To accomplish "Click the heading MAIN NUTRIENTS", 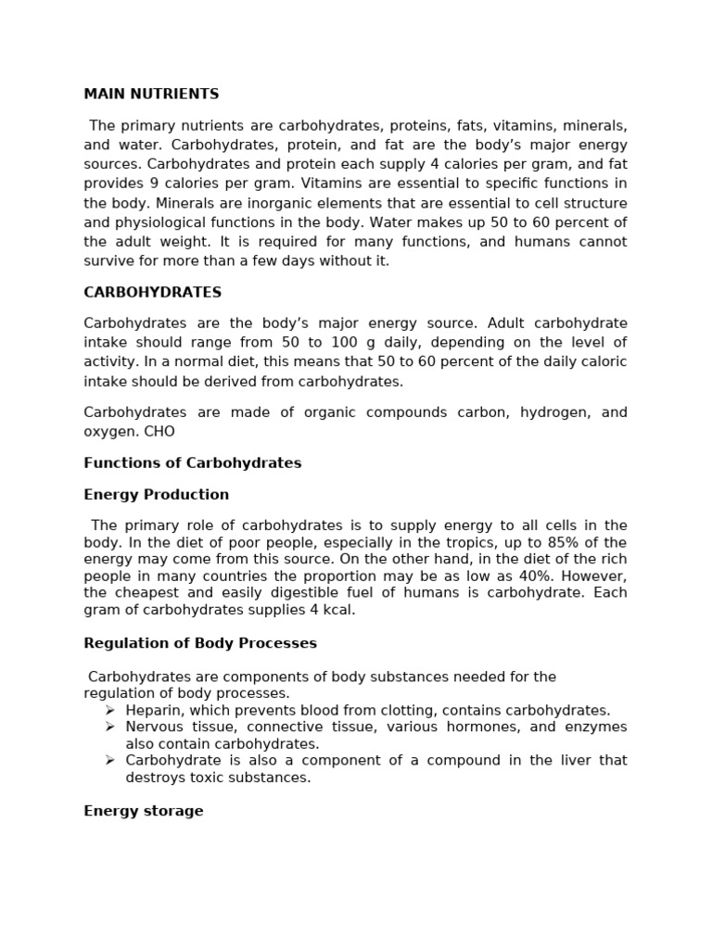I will [151, 94].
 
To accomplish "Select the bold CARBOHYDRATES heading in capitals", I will [152, 292].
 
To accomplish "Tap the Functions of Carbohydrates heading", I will [192, 462].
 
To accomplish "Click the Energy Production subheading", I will [156, 494].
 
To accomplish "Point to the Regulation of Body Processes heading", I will [200, 642].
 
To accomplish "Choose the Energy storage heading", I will [143, 810].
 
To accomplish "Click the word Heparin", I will [153, 710].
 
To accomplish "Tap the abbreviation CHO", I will [159, 431].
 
